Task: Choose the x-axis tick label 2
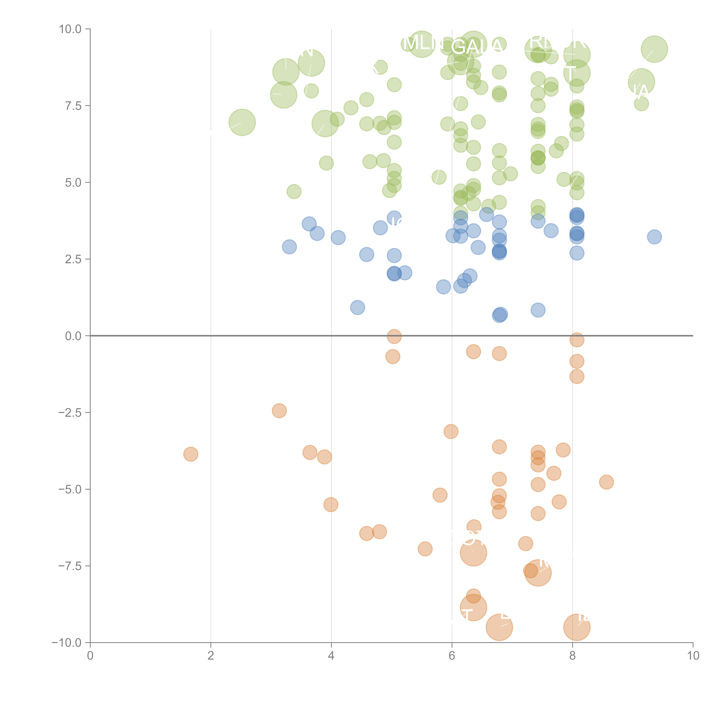click(211, 656)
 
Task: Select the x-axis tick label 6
click(452, 656)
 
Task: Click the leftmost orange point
click(191, 454)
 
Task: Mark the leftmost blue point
click(289, 247)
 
